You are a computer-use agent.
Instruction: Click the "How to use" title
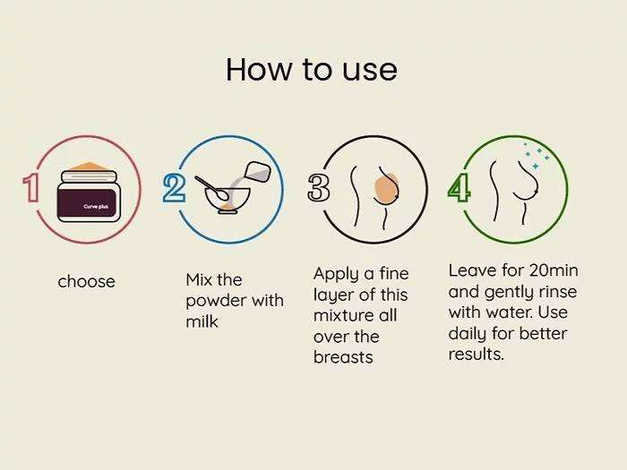coord(312,70)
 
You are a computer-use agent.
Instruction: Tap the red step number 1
coord(30,187)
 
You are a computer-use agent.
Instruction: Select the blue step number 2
coord(174,187)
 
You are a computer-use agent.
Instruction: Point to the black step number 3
coord(319,187)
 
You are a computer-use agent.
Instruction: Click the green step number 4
coord(459,187)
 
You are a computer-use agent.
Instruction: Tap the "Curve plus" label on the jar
coord(96,206)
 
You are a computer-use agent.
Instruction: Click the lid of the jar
coord(89,176)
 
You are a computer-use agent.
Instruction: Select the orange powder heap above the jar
coord(90,166)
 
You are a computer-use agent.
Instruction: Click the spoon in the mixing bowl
coord(212,188)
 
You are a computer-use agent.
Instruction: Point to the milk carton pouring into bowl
coord(258,172)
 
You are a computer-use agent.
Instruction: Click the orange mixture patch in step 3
coord(386,189)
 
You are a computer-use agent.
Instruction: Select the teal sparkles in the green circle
coord(537,156)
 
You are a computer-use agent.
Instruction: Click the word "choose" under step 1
coord(86,281)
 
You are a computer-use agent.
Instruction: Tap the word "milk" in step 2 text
coord(202,321)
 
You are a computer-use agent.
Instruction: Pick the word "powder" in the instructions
coord(216,301)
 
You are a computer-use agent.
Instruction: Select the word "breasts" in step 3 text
coord(343,357)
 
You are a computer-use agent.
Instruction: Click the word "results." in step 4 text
coord(476,355)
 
